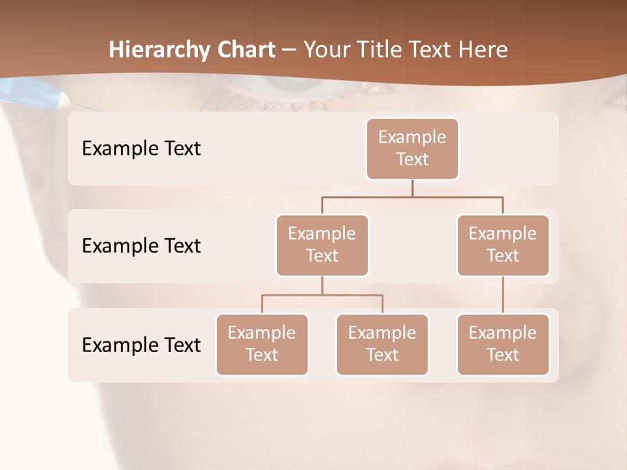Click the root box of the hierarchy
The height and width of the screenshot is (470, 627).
(412, 148)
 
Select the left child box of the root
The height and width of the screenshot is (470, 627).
(322, 245)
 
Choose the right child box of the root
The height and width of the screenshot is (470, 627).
(503, 245)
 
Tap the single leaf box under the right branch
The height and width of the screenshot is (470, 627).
(503, 344)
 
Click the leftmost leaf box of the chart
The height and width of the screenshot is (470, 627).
(262, 344)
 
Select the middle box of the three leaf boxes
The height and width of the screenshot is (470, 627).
(382, 344)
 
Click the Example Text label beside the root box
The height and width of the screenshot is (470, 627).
(141, 148)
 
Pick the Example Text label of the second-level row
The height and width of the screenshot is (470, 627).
(141, 245)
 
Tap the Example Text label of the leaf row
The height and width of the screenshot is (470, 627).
(141, 344)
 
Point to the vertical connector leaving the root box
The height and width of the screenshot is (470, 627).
(412, 188)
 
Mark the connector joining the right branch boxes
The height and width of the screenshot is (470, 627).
(503, 294)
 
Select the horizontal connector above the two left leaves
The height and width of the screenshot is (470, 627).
(322, 295)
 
